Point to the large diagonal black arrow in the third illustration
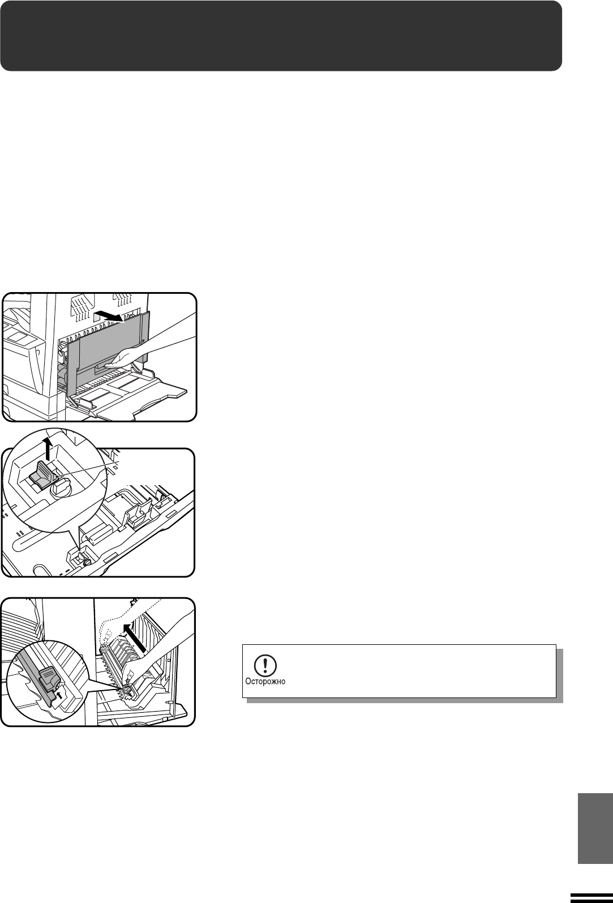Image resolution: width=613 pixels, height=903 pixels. [x=135, y=637]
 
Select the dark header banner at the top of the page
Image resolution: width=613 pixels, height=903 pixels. [x=281, y=36]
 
